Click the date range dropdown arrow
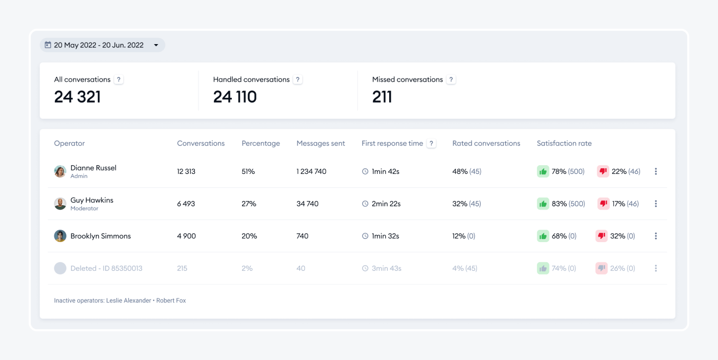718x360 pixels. [156, 45]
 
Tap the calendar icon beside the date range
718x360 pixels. [48, 45]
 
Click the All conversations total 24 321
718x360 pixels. [77, 97]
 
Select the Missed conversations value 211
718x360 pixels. [382, 97]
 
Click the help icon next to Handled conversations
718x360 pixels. [298, 79]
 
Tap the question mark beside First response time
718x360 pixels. [431, 144]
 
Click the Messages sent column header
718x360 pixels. [321, 144]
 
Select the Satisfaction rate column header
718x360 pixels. [564, 144]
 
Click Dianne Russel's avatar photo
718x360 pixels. [60, 171]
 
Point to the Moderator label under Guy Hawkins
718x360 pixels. [84, 209]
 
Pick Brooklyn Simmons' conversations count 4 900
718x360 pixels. [186, 236]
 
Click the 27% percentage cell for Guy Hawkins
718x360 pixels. [249, 204]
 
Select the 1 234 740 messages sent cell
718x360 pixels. [311, 171]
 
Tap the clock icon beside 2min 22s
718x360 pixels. [365, 204]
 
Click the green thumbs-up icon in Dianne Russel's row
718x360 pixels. [543, 171]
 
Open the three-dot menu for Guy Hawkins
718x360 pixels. [655, 204]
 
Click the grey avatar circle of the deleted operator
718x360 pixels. [60, 268]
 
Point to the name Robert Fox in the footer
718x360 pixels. [171, 301]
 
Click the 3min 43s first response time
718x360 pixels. [386, 268]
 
